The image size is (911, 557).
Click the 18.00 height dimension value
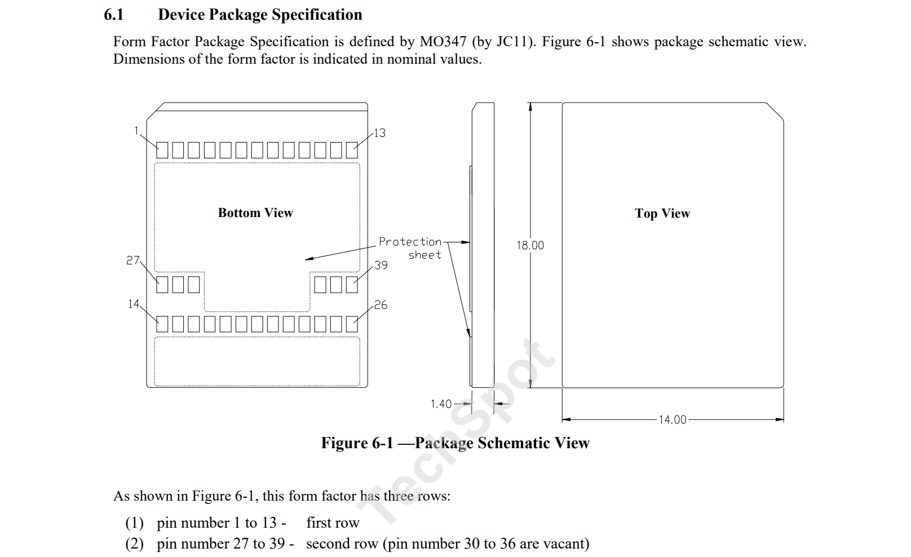click(530, 245)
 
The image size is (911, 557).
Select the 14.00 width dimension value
click(673, 419)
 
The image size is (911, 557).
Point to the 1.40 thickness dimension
click(441, 404)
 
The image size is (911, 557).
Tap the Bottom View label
click(255, 213)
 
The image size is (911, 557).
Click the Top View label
click(662, 213)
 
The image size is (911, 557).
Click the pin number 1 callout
click(136, 131)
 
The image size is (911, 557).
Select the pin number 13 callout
click(380, 133)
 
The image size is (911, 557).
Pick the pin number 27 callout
click(132, 260)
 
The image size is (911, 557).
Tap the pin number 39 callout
click(381, 265)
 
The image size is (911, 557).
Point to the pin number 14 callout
click(133, 304)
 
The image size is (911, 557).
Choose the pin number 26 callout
click(381, 305)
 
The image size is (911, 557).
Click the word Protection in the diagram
click(410, 241)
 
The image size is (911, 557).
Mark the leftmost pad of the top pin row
click(162, 150)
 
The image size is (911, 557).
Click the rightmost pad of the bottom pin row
click(352, 324)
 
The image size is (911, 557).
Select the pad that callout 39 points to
click(352, 285)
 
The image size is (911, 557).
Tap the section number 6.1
click(113, 15)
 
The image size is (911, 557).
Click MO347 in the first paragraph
click(443, 42)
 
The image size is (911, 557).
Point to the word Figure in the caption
click(342, 443)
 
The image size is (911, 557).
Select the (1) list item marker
click(134, 523)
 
